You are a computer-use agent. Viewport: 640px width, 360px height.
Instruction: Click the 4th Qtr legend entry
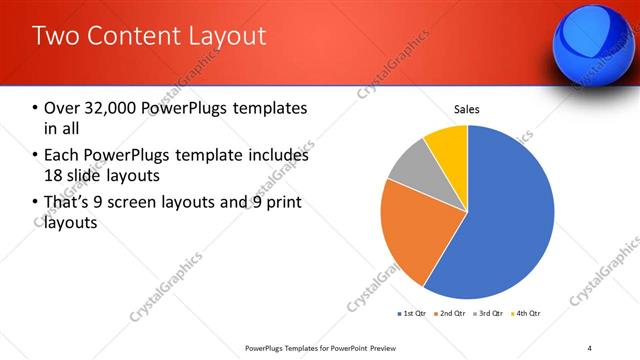pyautogui.click(x=525, y=313)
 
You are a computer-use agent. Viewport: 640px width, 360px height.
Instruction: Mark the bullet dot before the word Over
pyautogui.click(x=36, y=108)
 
